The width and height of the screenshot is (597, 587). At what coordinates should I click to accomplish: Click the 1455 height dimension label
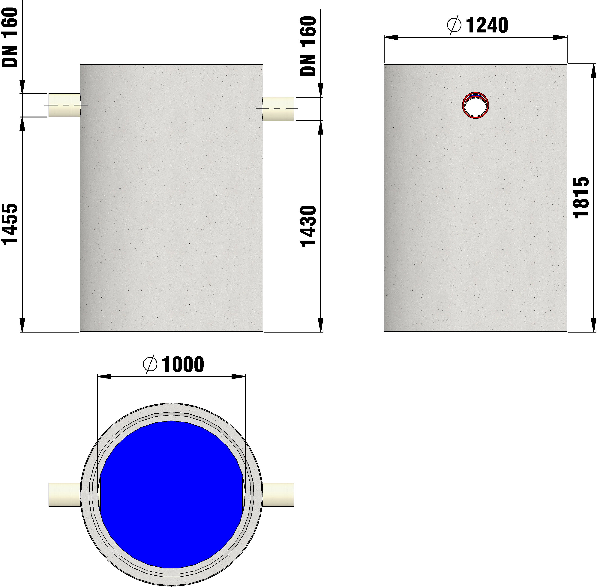(x=10, y=224)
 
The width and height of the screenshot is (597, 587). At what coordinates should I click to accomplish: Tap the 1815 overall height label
(x=582, y=198)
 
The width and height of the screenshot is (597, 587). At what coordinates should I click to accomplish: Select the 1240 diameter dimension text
(x=487, y=26)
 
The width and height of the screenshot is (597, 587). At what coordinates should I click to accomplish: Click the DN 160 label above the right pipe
(x=308, y=46)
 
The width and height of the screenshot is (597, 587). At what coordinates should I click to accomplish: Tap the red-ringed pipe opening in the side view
(x=475, y=105)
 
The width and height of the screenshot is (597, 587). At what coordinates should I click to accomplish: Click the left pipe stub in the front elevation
(x=64, y=105)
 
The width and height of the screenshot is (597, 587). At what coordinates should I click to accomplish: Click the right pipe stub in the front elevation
(x=278, y=109)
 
